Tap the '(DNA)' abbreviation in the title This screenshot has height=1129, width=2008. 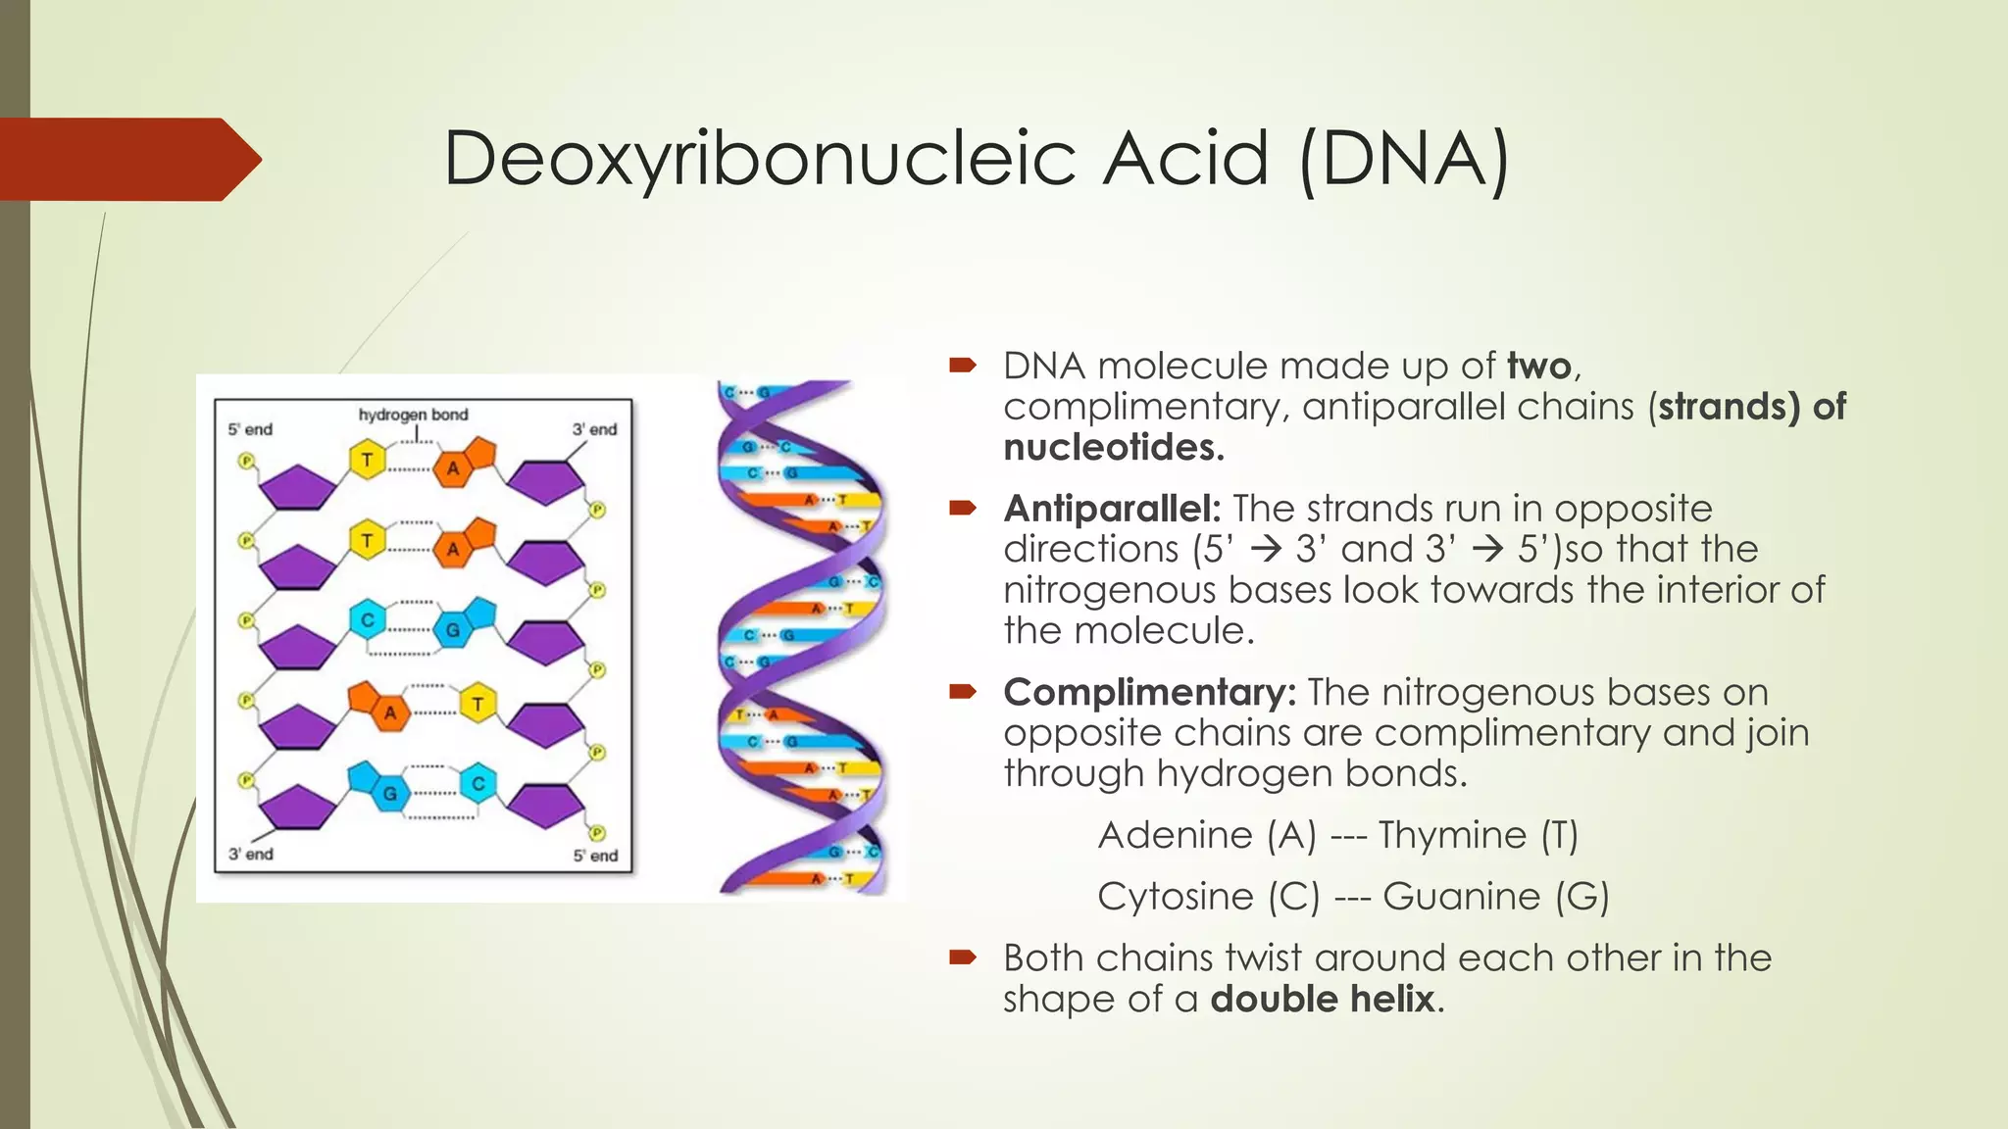1404,159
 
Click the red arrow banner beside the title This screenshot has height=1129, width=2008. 127,159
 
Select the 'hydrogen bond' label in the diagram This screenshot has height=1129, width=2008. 413,415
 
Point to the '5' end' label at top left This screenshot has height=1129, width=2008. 250,429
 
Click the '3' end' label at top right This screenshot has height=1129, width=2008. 594,429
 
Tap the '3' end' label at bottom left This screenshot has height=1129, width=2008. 250,854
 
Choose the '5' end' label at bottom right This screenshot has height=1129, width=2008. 595,855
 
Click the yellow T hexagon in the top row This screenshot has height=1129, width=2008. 367,460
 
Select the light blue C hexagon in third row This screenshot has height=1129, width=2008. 367,619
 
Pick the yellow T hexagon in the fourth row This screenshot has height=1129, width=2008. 477,703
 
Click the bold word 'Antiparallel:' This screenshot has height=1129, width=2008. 1112,509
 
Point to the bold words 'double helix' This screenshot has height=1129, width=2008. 1322,999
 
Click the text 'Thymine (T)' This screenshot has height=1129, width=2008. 1478,835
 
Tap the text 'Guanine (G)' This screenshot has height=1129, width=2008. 1495,896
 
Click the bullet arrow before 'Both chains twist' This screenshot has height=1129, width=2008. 962,957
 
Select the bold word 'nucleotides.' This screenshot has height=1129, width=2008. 1114,447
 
